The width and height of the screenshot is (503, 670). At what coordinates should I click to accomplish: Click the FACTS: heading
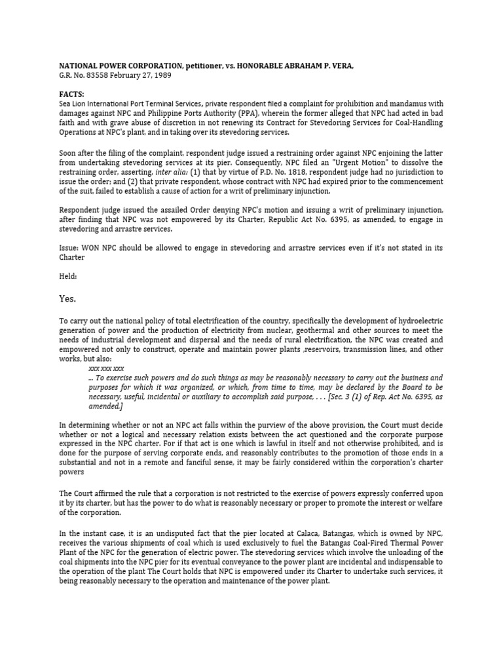click(x=72, y=94)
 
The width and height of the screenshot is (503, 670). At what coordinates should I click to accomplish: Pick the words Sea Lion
click(x=73, y=103)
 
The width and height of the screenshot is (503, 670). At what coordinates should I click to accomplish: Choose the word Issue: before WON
click(x=71, y=249)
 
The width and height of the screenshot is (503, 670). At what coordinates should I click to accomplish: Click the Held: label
click(x=69, y=275)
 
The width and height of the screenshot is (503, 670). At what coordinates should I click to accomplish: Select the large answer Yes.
click(x=68, y=299)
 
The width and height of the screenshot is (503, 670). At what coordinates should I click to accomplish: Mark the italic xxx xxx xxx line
click(x=106, y=368)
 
